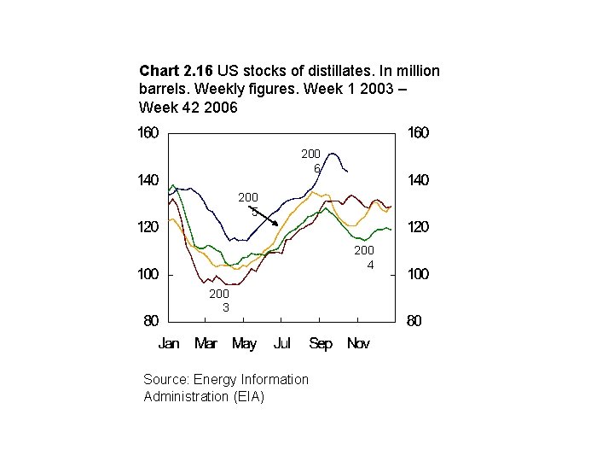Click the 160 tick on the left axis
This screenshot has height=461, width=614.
click(x=149, y=133)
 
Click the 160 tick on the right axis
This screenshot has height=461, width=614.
click(x=418, y=133)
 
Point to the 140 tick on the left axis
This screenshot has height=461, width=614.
click(x=149, y=180)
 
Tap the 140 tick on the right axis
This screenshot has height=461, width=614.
click(x=418, y=180)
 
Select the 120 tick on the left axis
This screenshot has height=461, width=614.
click(x=149, y=228)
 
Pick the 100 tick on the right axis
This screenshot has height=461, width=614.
click(x=418, y=275)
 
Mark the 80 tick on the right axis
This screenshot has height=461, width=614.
click(x=414, y=322)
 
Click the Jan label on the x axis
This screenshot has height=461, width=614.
click(x=169, y=344)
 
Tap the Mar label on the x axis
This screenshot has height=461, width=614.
click(x=206, y=344)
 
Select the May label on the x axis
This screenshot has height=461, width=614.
click(x=244, y=344)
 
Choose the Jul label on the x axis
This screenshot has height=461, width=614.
click(x=281, y=344)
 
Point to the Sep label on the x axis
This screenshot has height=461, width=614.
click(x=321, y=344)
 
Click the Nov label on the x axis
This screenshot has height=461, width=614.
click(x=359, y=344)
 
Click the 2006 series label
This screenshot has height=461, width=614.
click(x=310, y=161)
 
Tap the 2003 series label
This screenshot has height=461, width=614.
click(x=219, y=300)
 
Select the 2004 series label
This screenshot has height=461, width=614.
click(x=364, y=257)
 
